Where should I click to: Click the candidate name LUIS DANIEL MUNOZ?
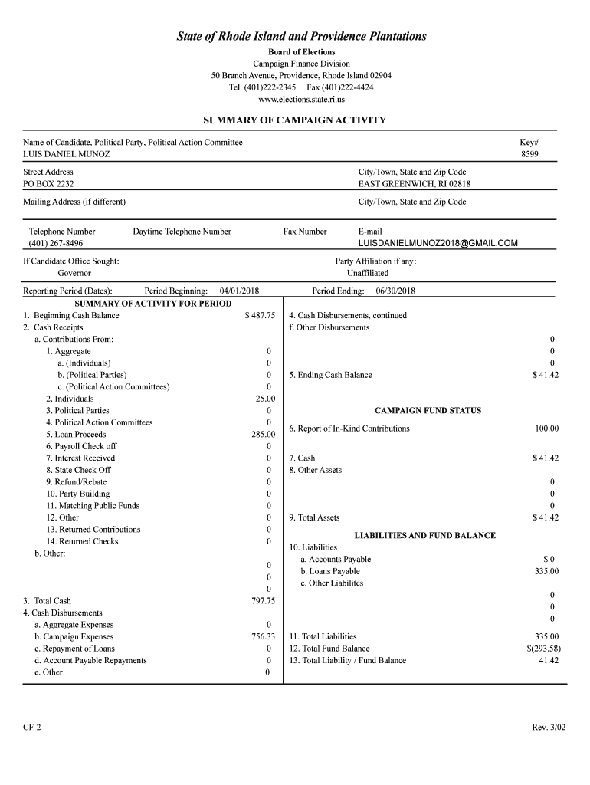point(67,154)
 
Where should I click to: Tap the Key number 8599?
point(530,154)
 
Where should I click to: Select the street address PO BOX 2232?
point(48,184)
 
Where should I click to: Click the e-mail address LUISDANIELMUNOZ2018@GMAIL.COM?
point(438,244)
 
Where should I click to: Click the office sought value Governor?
point(74,273)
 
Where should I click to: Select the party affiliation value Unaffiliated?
point(368,273)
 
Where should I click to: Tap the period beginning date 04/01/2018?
point(239,291)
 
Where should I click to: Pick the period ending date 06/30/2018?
point(395,291)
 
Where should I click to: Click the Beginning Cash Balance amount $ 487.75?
point(260,316)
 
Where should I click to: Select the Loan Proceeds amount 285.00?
point(263,435)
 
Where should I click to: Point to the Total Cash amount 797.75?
point(263,601)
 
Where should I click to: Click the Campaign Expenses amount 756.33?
point(263,636)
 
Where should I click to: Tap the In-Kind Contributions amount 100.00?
point(546,429)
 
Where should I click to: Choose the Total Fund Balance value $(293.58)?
point(542,649)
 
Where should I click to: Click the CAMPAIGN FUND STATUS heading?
point(428,411)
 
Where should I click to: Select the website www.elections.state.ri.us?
point(301,100)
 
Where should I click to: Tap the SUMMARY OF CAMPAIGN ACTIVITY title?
point(294,120)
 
